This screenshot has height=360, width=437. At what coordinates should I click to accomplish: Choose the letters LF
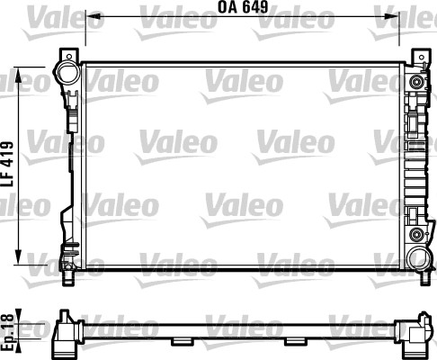[8, 178]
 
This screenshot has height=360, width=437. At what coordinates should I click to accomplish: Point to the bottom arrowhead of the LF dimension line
[21, 255]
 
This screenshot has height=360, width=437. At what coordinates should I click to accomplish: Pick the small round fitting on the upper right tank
[415, 83]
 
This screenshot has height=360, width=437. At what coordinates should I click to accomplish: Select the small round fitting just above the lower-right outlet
[415, 236]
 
